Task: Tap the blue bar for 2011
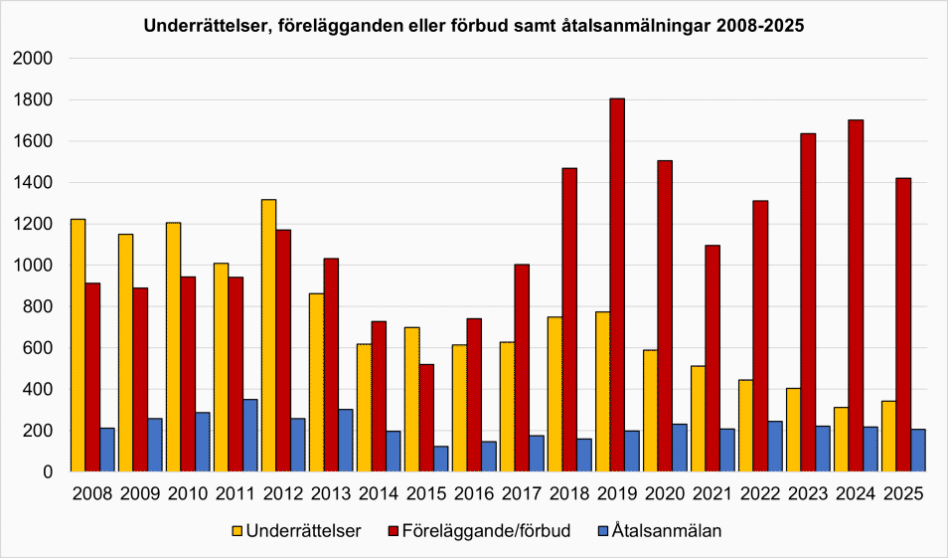[x=249, y=436]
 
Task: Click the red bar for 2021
[x=711, y=358]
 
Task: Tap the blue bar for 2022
[x=774, y=447]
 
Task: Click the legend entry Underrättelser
[x=295, y=531]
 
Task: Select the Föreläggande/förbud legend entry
[x=483, y=531]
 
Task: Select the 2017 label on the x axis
[x=521, y=493]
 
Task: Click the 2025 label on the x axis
[x=902, y=493]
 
